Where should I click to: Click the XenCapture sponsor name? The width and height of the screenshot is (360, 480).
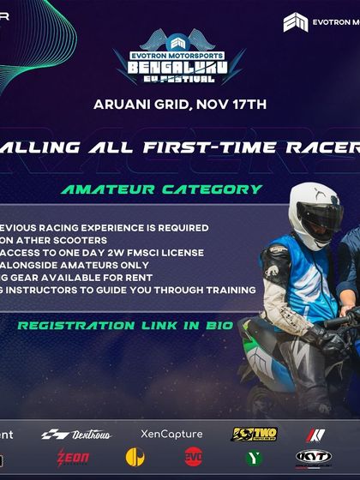[171, 435]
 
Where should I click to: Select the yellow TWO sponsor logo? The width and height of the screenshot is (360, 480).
[254, 435]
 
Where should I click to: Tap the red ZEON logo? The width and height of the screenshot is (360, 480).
[73, 458]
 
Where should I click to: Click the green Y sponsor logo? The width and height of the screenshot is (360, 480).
[254, 458]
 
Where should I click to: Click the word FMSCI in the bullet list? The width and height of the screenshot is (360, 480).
[156, 252]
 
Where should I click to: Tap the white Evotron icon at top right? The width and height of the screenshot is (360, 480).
[296, 21]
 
